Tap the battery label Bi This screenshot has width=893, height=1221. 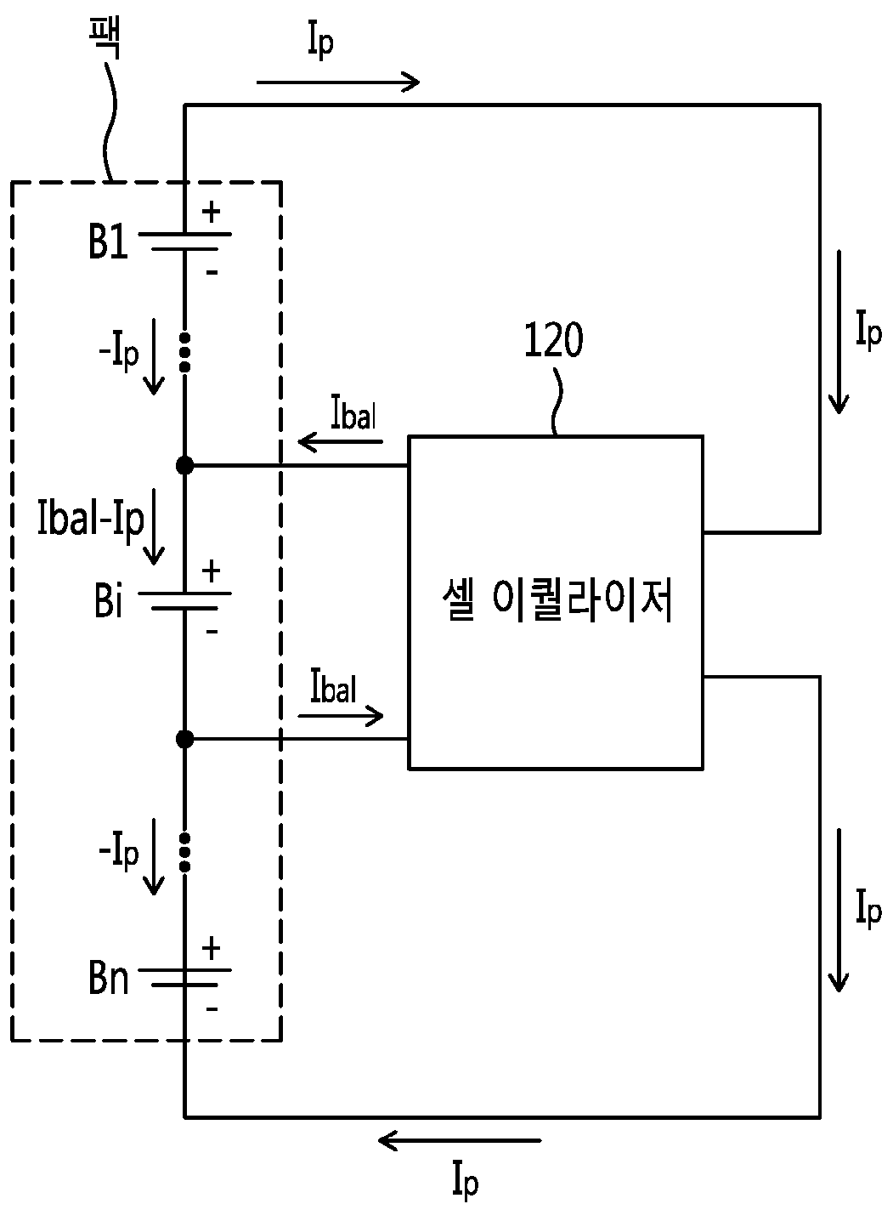point(108,600)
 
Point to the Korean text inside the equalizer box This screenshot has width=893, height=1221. point(557,599)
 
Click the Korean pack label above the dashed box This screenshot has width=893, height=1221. point(105,38)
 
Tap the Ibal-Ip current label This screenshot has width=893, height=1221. point(90,519)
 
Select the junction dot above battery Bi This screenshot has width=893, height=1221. point(184,465)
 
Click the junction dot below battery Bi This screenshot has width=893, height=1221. point(184,739)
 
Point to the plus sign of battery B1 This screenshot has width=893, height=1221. point(211,212)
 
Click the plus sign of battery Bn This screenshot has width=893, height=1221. point(211,948)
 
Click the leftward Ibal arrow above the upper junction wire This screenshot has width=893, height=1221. point(340,441)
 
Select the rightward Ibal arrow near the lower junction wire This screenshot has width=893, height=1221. point(340,716)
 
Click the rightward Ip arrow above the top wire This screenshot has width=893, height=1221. point(338,82)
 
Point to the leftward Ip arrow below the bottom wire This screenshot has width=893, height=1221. point(460,1140)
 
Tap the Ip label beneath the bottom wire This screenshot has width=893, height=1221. point(466,1181)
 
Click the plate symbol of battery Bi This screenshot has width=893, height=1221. point(184,600)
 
